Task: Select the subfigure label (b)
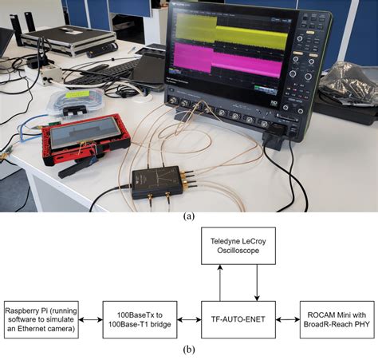tap(188, 350)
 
